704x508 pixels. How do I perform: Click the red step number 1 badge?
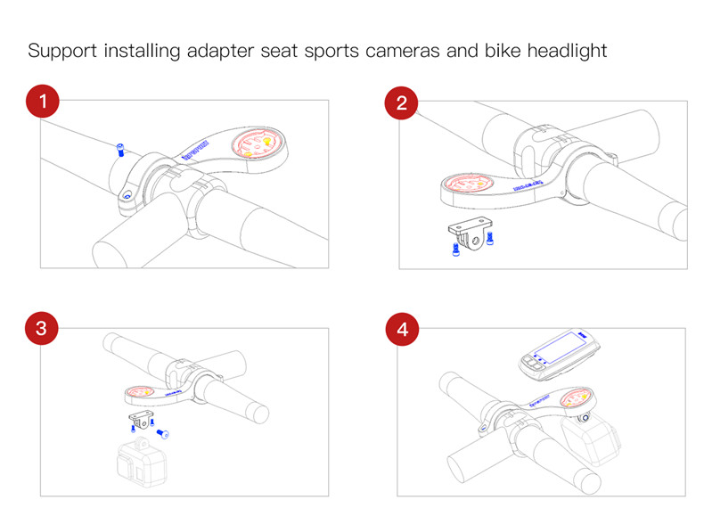(x=41, y=101)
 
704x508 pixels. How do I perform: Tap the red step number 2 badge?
(x=401, y=101)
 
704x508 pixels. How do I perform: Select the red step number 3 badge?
(x=41, y=328)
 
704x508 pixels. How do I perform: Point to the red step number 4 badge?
(x=401, y=328)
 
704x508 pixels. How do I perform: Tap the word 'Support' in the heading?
(x=61, y=50)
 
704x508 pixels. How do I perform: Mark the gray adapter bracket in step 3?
(x=140, y=418)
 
